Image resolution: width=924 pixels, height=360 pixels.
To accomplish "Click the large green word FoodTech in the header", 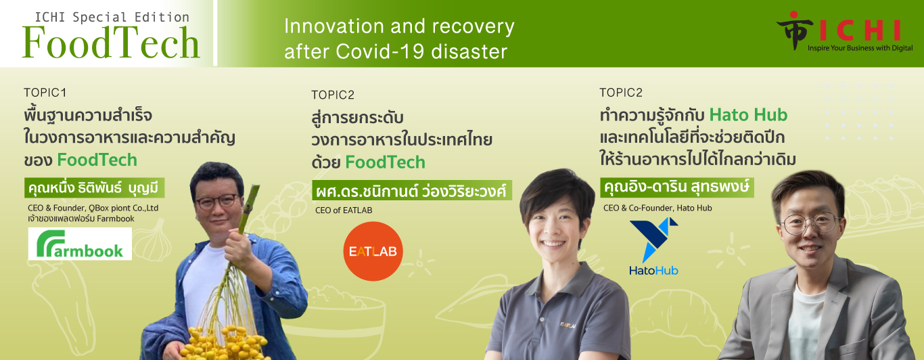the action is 111,43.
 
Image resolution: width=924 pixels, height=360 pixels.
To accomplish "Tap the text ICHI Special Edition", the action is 112,18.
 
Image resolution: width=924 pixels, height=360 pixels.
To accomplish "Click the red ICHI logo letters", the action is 860,30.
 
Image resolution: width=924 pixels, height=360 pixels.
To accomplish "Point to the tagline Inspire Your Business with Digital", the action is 860,48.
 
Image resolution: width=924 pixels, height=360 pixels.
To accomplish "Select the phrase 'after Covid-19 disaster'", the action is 396,52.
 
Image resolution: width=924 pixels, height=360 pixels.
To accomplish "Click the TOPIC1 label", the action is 45,93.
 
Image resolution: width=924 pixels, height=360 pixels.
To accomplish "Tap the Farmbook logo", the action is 80,244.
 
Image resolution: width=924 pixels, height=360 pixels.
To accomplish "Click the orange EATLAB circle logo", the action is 373,251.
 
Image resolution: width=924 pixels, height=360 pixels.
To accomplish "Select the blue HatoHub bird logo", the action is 654,246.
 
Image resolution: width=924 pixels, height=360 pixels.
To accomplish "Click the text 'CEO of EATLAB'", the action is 344,210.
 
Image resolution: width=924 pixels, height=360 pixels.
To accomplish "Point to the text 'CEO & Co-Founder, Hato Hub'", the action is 657,208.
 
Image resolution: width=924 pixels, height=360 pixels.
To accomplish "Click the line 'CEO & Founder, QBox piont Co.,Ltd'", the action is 93,208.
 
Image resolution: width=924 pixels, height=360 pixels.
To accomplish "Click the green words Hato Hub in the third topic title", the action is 748,115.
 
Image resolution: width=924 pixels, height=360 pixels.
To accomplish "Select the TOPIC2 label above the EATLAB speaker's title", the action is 333,95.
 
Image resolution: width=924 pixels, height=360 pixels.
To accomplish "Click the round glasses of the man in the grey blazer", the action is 809,222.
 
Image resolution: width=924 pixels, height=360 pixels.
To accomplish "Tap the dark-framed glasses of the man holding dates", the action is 217,201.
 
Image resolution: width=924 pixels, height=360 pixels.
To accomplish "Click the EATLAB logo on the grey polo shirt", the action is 568,325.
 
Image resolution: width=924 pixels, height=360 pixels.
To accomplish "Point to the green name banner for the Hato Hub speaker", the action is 677,187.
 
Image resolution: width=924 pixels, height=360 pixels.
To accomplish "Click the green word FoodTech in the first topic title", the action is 97,160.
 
